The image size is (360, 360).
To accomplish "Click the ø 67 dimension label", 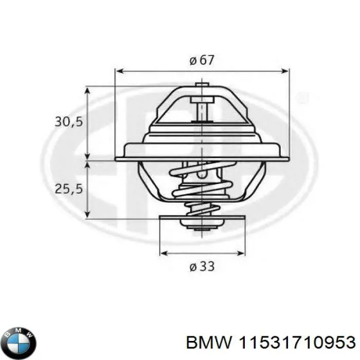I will click(201, 60).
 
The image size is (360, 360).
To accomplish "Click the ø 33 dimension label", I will click(201, 266).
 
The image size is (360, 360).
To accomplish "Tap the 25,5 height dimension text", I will click(69, 189).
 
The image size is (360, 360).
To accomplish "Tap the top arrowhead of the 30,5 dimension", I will click(88, 91).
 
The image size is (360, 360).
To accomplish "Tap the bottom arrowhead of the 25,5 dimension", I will click(88, 213).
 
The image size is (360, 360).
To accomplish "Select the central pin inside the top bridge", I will click(203, 109).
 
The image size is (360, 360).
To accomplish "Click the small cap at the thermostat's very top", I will click(202, 83).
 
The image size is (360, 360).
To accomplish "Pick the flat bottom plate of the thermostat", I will click(202, 218).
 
